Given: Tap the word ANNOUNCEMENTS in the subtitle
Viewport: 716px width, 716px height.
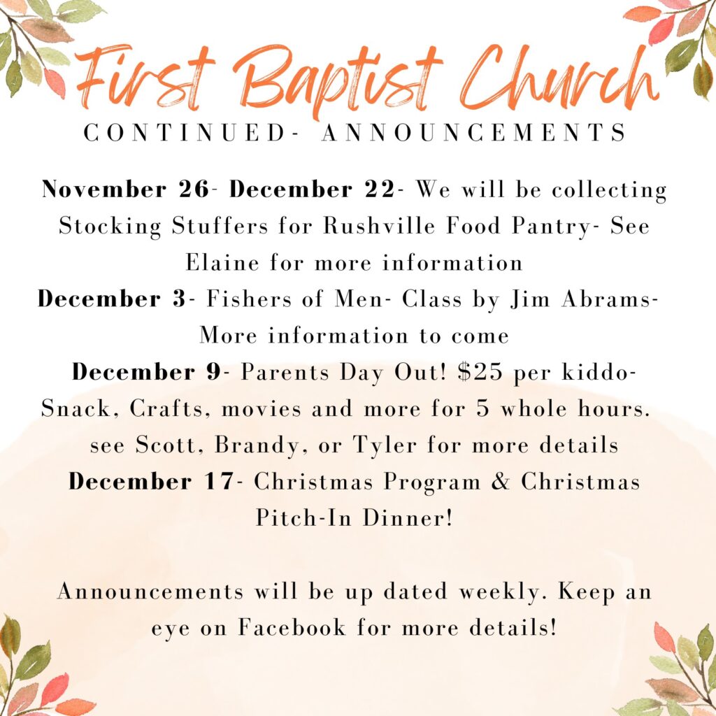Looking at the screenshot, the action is point(475,133).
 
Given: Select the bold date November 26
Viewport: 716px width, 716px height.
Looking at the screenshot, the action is point(126,189).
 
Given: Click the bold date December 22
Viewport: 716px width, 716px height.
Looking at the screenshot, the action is point(312,189).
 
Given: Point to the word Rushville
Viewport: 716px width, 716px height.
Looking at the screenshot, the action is point(379,226).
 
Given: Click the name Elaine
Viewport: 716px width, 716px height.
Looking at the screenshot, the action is point(222,263).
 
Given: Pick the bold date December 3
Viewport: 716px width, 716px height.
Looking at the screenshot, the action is point(111,299).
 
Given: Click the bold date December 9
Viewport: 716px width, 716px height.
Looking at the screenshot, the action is point(146,372).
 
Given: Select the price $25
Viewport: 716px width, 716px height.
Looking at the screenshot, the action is point(480,372).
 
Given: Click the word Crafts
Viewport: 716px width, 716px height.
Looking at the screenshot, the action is point(166,408).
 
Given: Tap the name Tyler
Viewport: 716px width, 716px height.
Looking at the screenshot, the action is point(385,445).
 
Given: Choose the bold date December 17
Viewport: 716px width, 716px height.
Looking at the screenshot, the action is point(151,481).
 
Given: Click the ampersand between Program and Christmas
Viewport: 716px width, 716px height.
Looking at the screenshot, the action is point(500,481).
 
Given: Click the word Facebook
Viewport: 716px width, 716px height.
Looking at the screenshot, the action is point(292,627).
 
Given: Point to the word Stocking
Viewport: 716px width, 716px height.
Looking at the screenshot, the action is point(110,226).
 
